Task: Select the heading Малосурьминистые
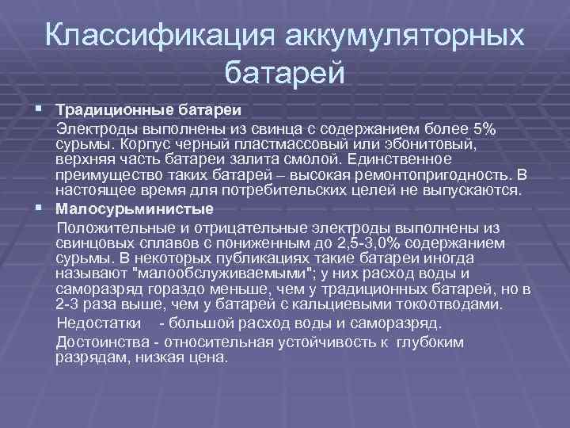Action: (x=135, y=209)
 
